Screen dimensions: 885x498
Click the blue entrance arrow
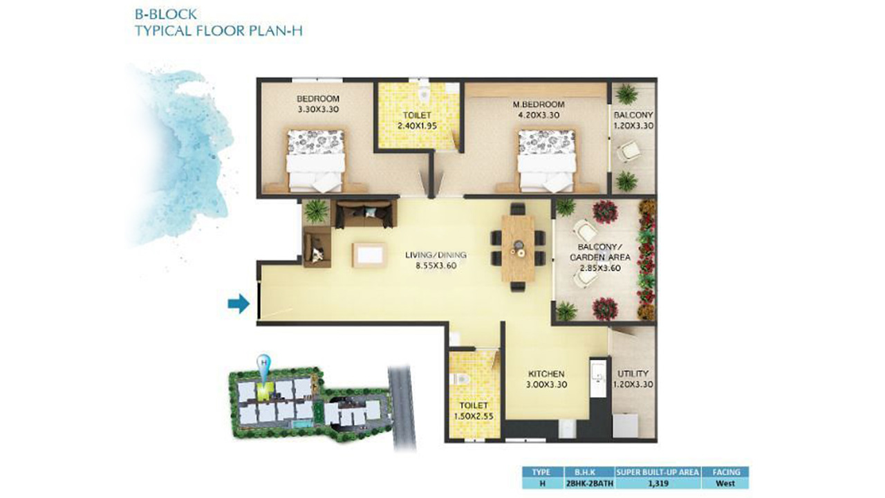tap(239, 304)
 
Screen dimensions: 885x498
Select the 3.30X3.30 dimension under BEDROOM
tap(318, 109)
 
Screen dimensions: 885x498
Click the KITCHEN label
tap(546, 374)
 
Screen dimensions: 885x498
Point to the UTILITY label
tap(633, 373)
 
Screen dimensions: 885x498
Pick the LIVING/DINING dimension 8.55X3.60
tap(436, 266)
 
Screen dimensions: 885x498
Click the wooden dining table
tap(518, 248)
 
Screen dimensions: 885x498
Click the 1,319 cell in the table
tap(658, 483)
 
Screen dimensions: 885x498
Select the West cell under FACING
tap(725, 483)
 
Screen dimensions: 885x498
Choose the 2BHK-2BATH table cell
tap(588, 483)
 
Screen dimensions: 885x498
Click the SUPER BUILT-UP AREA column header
tap(658, 472)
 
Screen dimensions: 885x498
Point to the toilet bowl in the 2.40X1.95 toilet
tap(425, 92)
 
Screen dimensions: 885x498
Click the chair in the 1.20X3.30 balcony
tap(627, 151)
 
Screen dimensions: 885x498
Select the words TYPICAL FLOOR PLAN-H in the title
tap(219, 31)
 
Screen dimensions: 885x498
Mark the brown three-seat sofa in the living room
tap(366, 214)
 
